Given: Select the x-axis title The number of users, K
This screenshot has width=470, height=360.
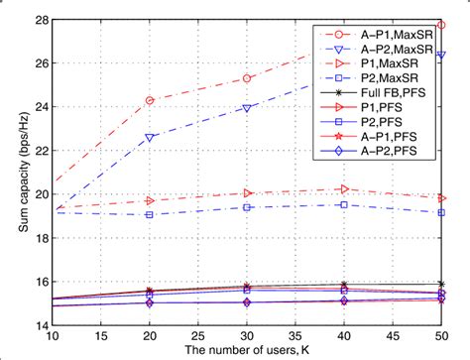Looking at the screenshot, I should coord(245,351).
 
